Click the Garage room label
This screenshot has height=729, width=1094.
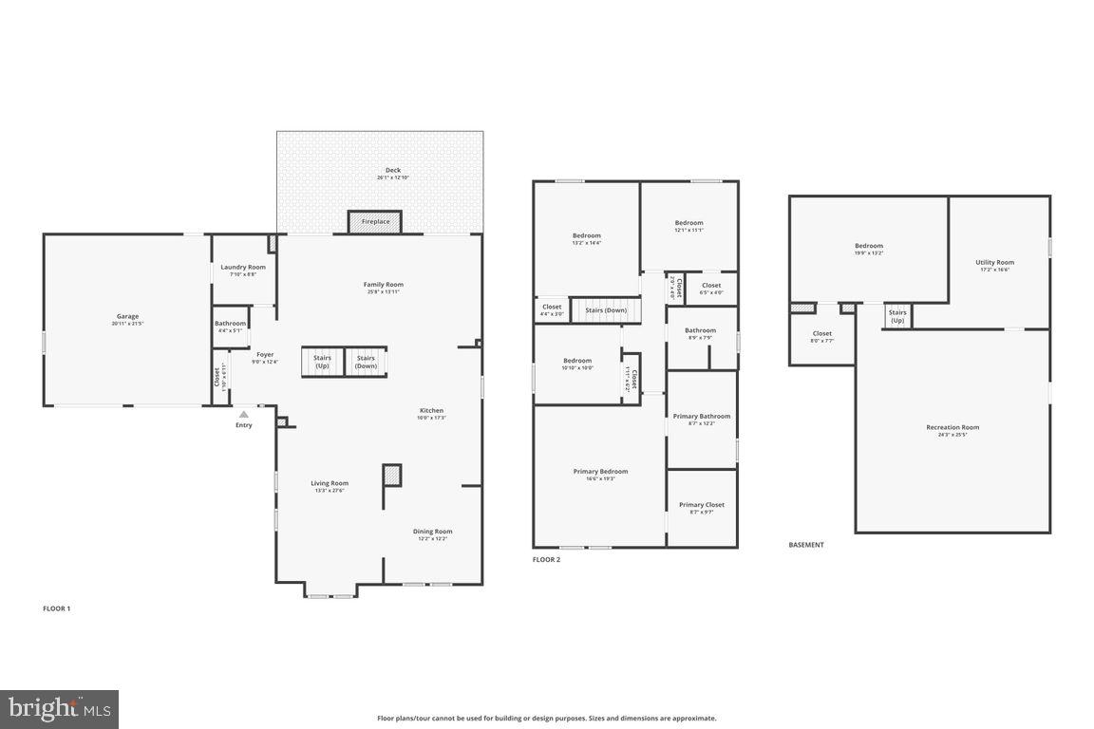click(x=127, y=316)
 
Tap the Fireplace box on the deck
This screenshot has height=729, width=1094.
click(x=375, y=221)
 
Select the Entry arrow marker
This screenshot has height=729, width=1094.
click(x=244, y=415)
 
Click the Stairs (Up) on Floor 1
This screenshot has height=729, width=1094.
click(x=322, y=362)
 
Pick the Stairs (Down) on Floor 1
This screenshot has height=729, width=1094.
click(x=366, y=362)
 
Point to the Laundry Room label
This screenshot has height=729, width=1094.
click(x=243, y=268)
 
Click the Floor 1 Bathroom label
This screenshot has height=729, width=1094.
click(x=230, y=324)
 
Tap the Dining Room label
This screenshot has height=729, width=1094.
click(x=432, y=532)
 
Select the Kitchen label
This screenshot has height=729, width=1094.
click(x=431, y=411)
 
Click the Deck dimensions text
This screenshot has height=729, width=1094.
click(x=392, y=178)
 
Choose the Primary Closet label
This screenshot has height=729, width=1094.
click(x=701, y=505)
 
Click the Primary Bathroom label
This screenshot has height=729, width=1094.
click(x=701, y=417)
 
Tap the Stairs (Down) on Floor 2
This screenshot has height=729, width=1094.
click(x=605, y=310)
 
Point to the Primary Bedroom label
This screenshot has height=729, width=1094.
click(x=600, y=472)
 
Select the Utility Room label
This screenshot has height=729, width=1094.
click(x=994, y=263)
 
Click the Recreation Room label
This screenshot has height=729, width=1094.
click(x=953, y=427)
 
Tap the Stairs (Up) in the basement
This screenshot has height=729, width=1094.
click(x=896, y=316)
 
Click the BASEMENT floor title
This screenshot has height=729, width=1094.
click(x=806, y=545)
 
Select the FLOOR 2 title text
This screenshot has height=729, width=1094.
click(x=546, y=560)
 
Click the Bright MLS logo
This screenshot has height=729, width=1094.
click(x=59, y=708)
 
